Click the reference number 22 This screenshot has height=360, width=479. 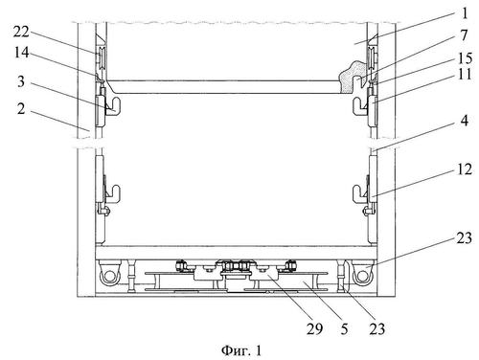click(21, 32)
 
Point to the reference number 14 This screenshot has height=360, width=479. click(21, 53)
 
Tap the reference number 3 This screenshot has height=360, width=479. click(21, 81)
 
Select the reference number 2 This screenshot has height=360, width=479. click(21, 109)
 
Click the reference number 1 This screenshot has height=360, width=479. click(465, 13)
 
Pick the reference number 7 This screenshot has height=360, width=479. click(464, 35)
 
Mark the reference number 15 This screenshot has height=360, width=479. click(465, 58)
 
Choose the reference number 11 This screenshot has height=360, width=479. click(465, 75)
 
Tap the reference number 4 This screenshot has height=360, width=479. click(465, 121)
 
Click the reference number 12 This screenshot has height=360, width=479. click(465, 169)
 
